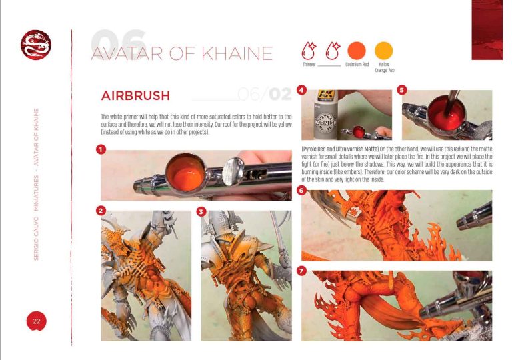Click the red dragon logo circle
35,45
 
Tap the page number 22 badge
37,321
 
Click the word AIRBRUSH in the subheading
135,95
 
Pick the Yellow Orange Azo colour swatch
384,50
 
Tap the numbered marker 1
101,150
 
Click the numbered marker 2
101,211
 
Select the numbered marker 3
201,211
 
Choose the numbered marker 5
401,89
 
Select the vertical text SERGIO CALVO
37,227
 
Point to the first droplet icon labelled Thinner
309,50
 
